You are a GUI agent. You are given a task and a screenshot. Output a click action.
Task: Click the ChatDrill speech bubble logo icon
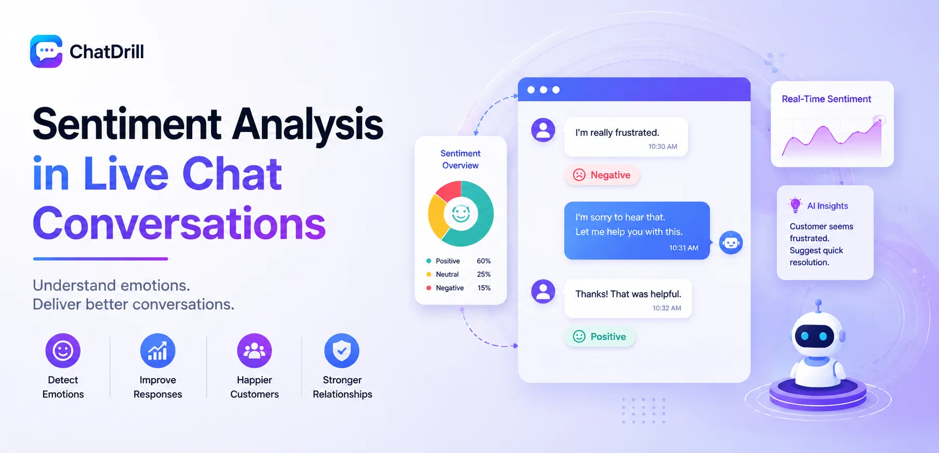(x=46, y=51)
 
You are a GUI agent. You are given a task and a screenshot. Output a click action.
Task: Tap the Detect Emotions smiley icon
(x=63, y=351)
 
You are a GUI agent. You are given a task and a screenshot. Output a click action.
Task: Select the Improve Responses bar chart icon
(x=158, y=351)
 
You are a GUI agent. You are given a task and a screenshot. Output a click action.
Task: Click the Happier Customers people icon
(x=254, y=351)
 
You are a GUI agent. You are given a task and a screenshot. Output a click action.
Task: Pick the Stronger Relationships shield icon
(x=342, y=351)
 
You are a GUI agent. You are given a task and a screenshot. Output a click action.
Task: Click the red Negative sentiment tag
(x=602, y=175)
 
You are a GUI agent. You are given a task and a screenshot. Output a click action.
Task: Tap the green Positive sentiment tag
(x=600, y=336)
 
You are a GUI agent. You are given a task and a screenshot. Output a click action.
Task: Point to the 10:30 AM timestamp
(x=662, y=147)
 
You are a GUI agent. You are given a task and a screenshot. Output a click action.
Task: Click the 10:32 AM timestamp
(x=667, y=308)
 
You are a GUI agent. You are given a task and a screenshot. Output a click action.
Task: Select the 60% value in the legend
(x=484, y=261)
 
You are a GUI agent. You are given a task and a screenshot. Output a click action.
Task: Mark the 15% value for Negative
(x=484, y=288)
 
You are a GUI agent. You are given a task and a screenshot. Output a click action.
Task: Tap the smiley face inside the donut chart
(x=461, y=213)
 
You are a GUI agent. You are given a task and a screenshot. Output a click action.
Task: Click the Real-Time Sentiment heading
(x=826, y=99)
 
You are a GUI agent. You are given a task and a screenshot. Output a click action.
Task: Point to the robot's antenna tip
(x=818, y=302)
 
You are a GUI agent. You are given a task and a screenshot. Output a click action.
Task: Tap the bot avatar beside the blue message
(x=731, y=243)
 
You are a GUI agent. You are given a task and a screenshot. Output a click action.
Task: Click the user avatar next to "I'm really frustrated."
(x=543, y=130)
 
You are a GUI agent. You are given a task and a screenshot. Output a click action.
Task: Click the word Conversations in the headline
(x=179, y=224)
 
